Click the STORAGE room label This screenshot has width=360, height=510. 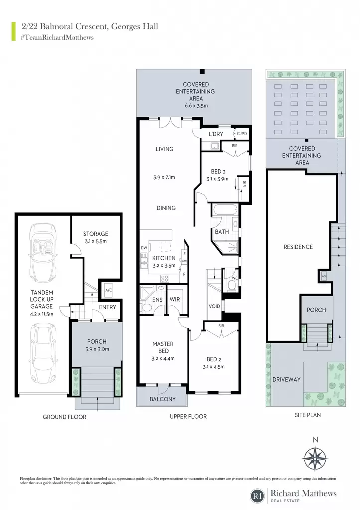coord(95,234)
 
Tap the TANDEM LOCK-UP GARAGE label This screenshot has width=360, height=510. coord(42,299)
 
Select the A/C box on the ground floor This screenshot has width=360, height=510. coord(109,290)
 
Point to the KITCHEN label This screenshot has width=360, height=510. coord(164,258)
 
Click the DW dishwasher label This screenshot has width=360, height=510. coord(144,248)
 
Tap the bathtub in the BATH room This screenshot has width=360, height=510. coord(225,209)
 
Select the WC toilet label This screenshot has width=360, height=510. coord(235,278)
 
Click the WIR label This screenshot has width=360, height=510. coord(175,299)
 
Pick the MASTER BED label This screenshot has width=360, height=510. coord(163,347)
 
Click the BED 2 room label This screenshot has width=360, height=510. coord(214,359)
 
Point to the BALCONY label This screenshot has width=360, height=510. coord(163,399)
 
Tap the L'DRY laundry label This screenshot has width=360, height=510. coord(216,134)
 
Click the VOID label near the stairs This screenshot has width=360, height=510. coord(214,306)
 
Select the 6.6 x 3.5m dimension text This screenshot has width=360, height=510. coord(196,106)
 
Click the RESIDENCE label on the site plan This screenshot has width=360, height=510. coord(298,247)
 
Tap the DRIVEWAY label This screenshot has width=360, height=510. coord(286,379)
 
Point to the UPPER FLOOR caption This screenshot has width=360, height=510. coord(188,417)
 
